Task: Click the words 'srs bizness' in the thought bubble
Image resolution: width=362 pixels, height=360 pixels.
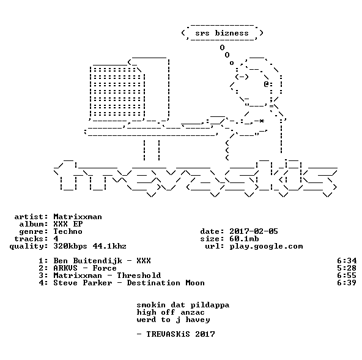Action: tap(222, 33)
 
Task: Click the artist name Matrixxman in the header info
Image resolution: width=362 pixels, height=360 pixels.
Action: tap(78, 217)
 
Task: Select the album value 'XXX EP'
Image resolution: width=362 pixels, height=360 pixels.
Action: tap(68, 224)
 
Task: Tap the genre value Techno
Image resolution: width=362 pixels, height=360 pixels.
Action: tap(68, 231)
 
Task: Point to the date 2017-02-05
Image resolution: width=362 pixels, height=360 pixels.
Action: tap(254, 231)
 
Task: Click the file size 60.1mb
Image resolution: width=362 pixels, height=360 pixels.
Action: tap(244, 239)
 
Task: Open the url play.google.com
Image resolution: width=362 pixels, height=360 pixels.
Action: tap(266, 247)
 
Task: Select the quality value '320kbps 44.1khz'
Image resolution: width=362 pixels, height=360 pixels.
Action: tap(90, 247)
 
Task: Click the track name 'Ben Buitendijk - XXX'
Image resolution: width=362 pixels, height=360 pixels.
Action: tap(102, 261)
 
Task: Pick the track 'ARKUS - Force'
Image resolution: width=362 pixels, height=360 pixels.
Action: tap(85, 268)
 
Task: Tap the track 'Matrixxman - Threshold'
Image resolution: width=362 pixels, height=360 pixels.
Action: tap(107, 276)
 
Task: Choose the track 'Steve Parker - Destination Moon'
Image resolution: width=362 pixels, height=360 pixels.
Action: tap(129, 283)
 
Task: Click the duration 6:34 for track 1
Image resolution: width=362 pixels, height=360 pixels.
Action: tap(347, 261)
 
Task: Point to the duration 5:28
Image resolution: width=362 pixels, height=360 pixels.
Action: tap(347, 268)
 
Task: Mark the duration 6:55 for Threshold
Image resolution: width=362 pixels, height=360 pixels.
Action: tap(347, 276)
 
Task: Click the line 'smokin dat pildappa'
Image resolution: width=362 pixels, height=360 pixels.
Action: tap(183, 305)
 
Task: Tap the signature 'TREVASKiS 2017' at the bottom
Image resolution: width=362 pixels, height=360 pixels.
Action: tap(181, 334)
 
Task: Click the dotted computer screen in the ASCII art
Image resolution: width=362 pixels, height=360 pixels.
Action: tap(117, 92)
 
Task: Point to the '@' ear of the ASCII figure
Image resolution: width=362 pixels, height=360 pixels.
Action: tap(266, 84)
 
